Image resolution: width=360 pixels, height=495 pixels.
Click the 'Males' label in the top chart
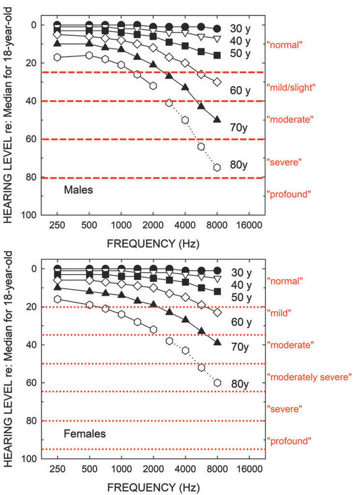[x=79, y=191]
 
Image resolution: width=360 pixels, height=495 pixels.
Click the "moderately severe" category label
[x=309, y=376]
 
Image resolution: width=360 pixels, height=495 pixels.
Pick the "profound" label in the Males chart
[x=288, y=194]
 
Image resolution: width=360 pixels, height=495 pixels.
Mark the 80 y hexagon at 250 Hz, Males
[x=58, y=58]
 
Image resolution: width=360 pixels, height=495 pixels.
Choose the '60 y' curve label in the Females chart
[x=240, y=323]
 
